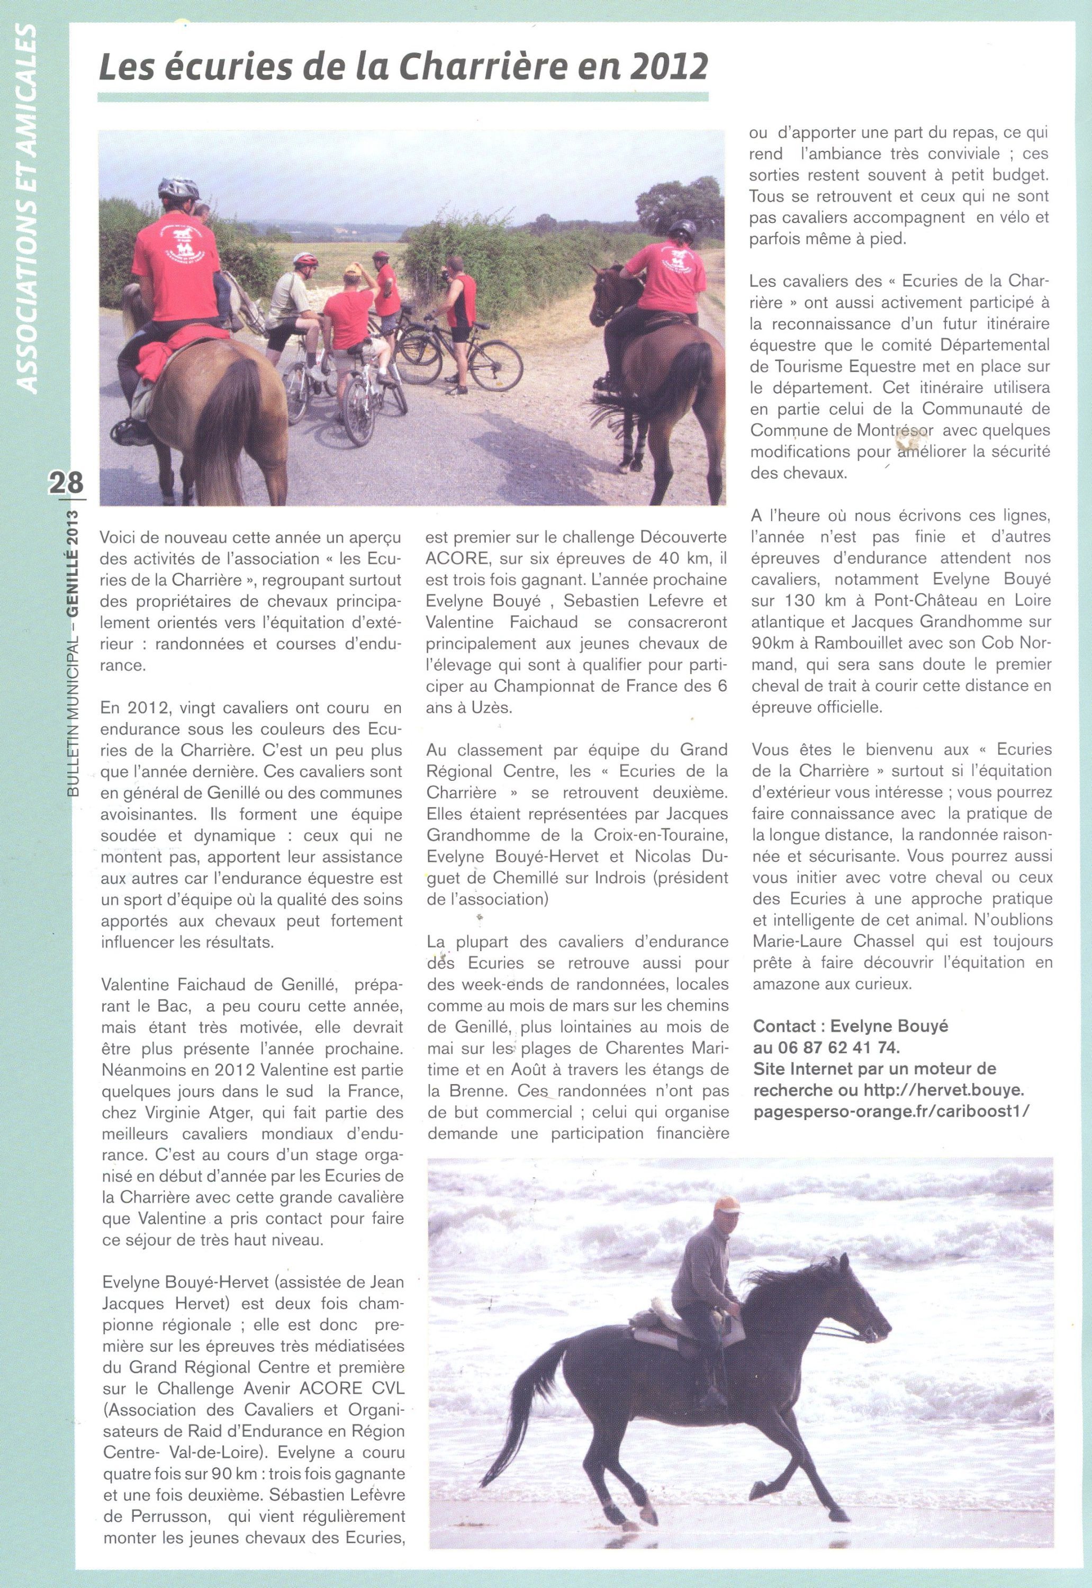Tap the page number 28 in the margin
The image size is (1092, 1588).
[x=66, y=482]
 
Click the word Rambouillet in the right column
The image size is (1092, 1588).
[x=844, y=643]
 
